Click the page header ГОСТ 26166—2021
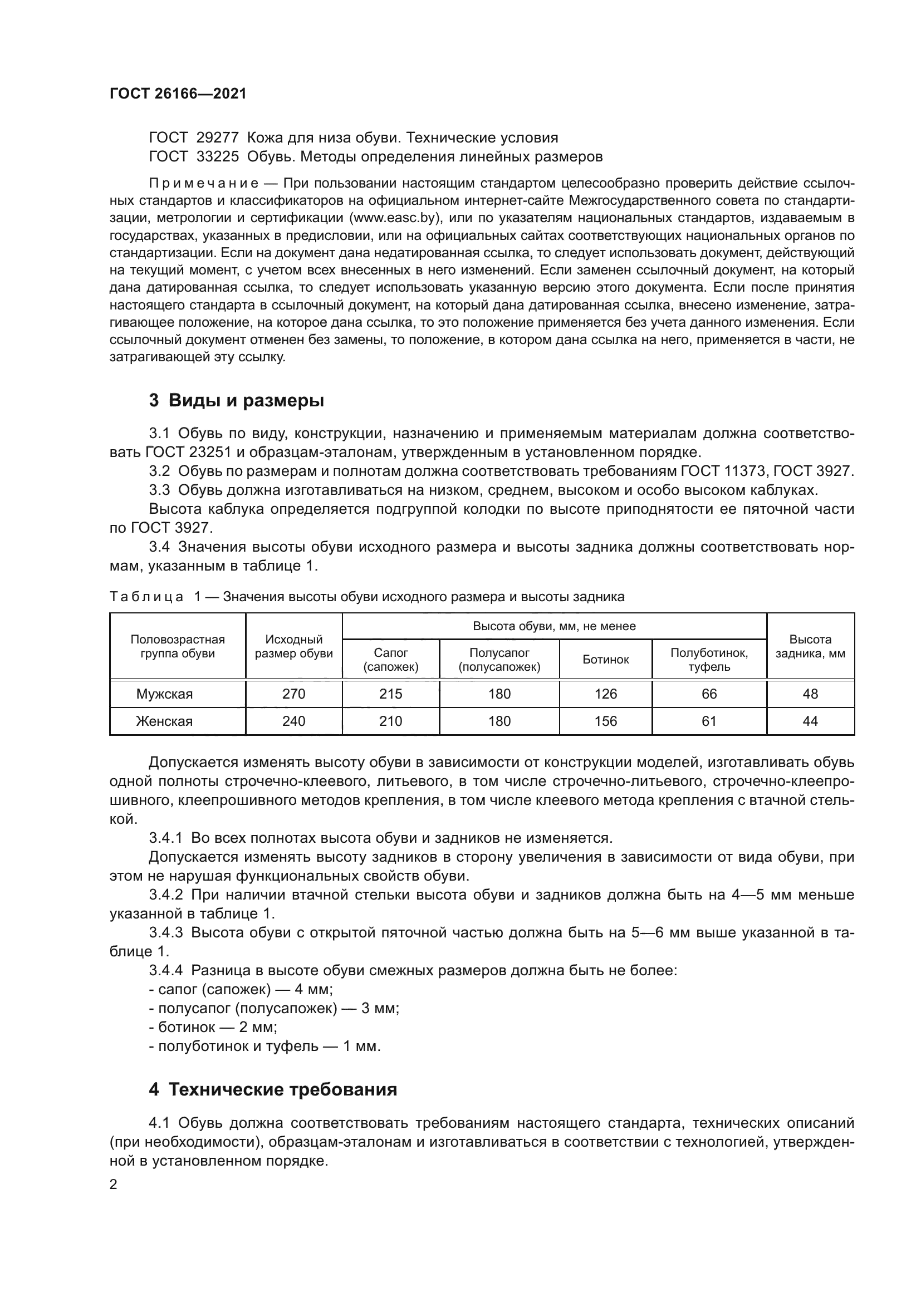pos(178,94)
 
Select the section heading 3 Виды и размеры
pos(237,400)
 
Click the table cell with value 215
pos(390,694)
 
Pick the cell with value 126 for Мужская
pos(605,694)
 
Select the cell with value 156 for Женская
pos(605,721)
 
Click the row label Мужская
pos(164,694)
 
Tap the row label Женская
pos(164,721)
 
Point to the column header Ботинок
pos(605,660)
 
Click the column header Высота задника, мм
pos(810,646)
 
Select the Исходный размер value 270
pos(293,694)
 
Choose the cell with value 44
pos(810,721)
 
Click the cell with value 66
pos(709,694)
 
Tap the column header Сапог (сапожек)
pos(390,660)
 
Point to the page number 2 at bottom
pos(114,1185)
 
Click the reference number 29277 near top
pos(217,138)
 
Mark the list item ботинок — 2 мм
pos(213,1027)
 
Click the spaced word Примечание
pos(204,183)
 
